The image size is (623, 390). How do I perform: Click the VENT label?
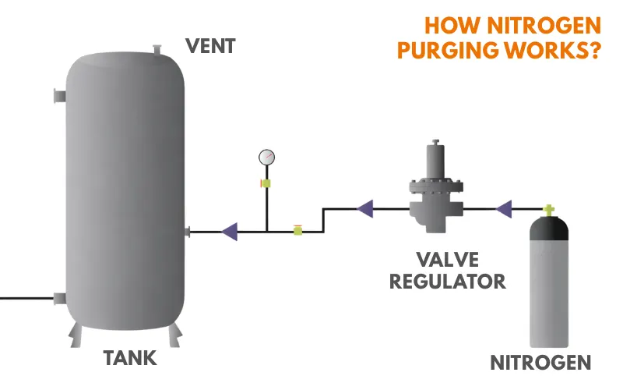pos(210,47)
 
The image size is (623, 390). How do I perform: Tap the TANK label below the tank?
pos(130,358)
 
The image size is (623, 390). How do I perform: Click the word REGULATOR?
pos(448,280)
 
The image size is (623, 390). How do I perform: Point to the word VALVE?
pos(448,258)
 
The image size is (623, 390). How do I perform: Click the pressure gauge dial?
pos(267,157)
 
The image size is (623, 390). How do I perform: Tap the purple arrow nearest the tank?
pos(229,231)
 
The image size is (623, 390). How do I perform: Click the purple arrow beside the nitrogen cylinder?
pos(504,208)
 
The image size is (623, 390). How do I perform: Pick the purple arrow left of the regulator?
pos(364,208)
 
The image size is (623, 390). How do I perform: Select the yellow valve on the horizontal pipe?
pos(297,230)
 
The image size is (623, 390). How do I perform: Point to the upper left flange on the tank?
pos(58,97)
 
